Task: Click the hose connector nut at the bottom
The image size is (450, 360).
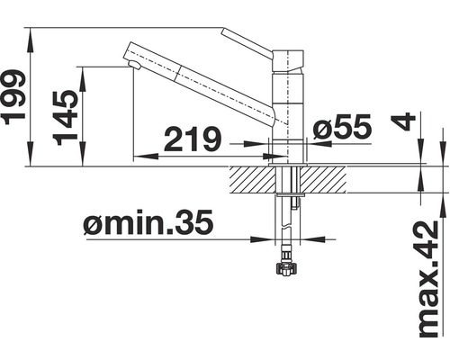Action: [x=288, y=266]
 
